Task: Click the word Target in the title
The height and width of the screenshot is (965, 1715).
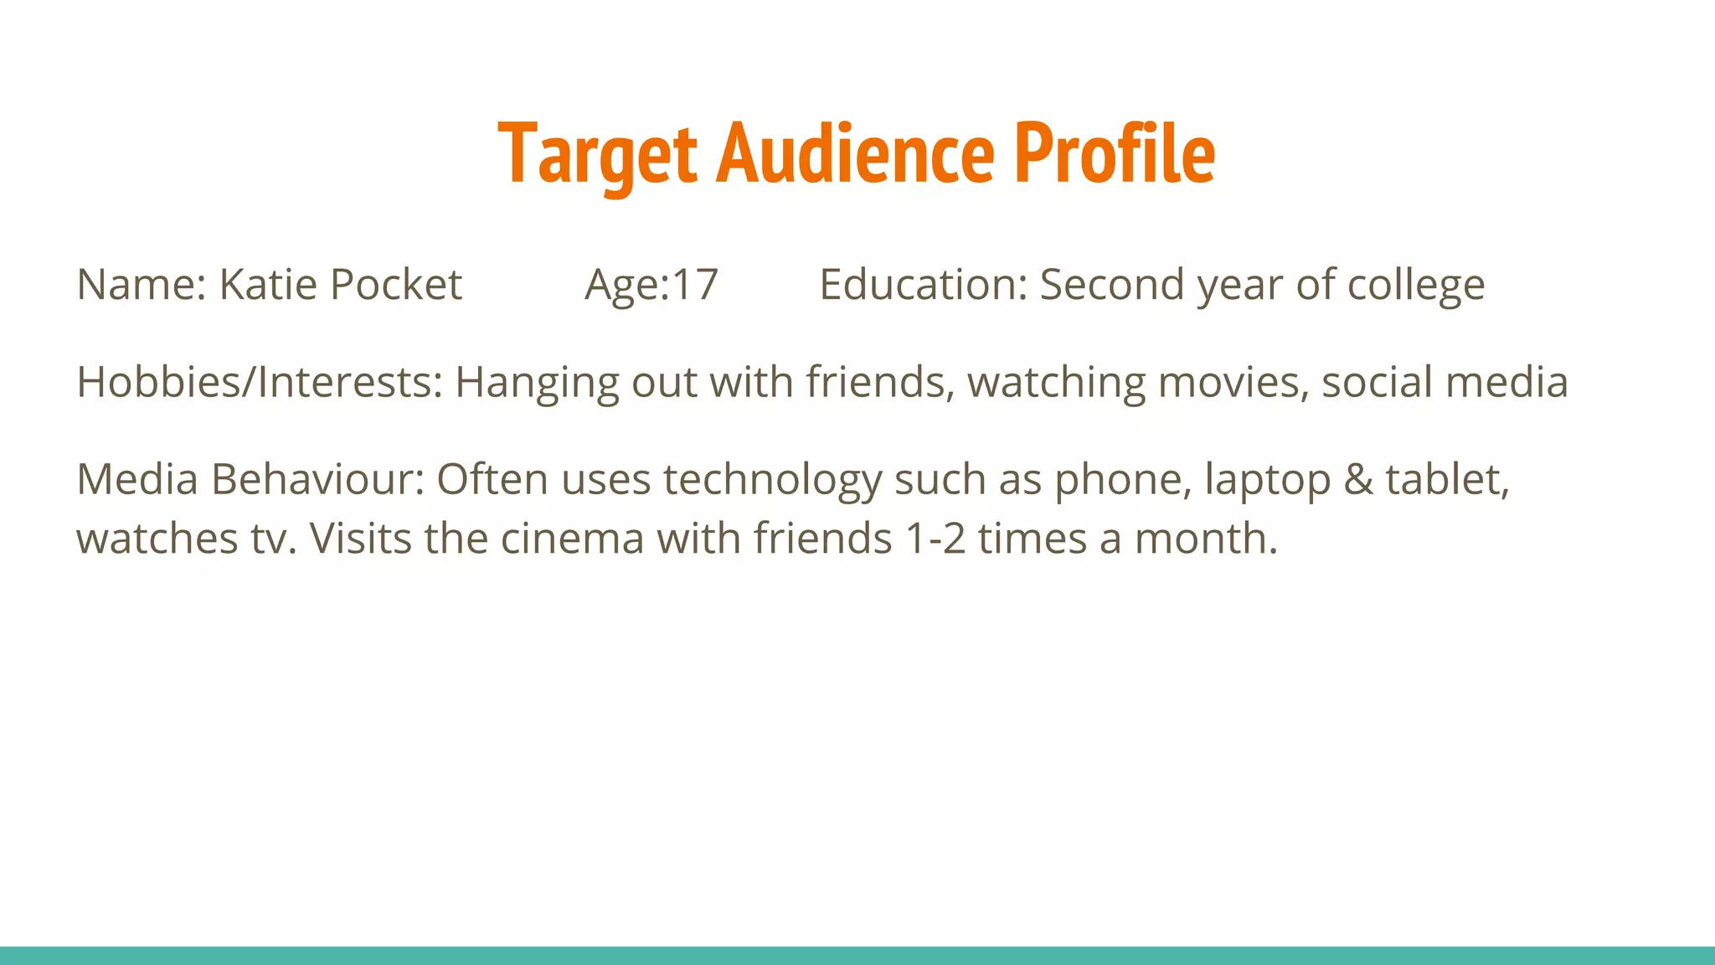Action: coord(597,154)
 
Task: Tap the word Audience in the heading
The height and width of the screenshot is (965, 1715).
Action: coord(855,154)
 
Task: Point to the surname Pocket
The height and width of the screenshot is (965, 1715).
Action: coord(395,285)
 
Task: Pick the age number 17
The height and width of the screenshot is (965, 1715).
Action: coord(695,285)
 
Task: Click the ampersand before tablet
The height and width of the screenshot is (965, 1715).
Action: coord(1358,480)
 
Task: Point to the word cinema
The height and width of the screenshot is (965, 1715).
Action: coord(573,539)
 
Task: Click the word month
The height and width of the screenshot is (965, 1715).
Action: coord(1205,539)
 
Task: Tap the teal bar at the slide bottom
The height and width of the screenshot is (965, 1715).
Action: coord(857,955)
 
